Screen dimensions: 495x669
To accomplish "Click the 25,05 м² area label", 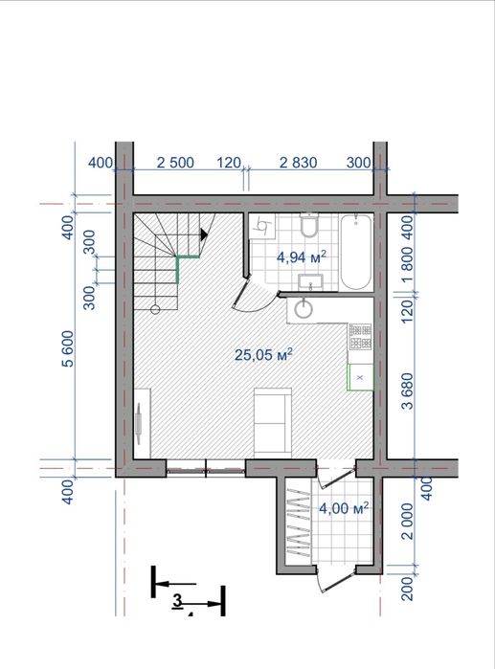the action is (263, 354).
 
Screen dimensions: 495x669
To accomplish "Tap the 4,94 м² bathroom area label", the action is (302, 256).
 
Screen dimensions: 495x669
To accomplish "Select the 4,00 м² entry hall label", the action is (344, 508).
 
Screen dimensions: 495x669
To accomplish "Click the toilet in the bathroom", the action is (308, 225).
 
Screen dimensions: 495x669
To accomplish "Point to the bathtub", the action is (356, 252).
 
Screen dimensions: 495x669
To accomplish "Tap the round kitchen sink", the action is (304, 308).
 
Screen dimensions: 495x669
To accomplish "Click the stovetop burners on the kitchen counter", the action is (361, 337).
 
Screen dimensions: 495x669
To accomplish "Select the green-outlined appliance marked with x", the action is (361, 377).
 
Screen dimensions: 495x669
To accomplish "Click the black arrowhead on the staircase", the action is (204, 234).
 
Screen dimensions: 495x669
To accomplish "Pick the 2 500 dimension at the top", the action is (175, 163).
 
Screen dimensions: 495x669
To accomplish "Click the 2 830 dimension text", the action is (299, 163).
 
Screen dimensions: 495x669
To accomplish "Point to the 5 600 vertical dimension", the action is (68, 348).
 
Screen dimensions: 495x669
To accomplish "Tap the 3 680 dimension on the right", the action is (409, 390).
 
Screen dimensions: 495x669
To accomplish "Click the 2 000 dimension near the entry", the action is (409, 522).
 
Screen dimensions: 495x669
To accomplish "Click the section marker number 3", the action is (177, 601).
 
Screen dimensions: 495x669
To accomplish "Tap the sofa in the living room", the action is (273, 422).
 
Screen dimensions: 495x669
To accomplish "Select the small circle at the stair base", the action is (155, 309).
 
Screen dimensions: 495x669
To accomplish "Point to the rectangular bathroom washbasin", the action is (310, 282).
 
